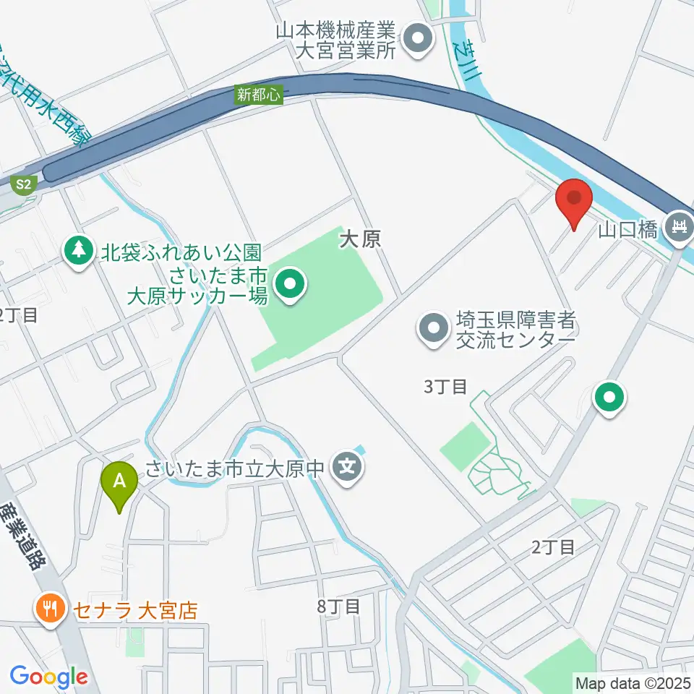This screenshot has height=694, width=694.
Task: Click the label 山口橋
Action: pos(627,231)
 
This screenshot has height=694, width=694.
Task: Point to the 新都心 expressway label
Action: pos(258,94)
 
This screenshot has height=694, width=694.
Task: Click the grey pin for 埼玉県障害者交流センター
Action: pos(434,329)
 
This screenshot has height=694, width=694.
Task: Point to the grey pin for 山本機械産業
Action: pos(417,40)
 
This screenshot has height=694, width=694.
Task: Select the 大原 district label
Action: pos(359,239)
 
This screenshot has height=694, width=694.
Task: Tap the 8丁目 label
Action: pos(338,606)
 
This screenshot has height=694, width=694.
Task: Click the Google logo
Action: pos(48,677)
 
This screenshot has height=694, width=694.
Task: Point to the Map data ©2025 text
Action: pos(632,682)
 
